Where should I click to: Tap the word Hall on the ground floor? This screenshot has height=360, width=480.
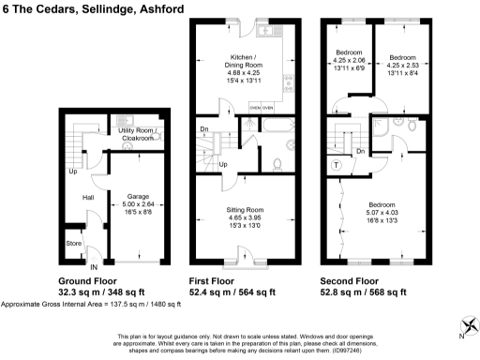87,198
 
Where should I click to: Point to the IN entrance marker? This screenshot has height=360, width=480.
94,268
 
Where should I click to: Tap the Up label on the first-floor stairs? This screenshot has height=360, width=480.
222,165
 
